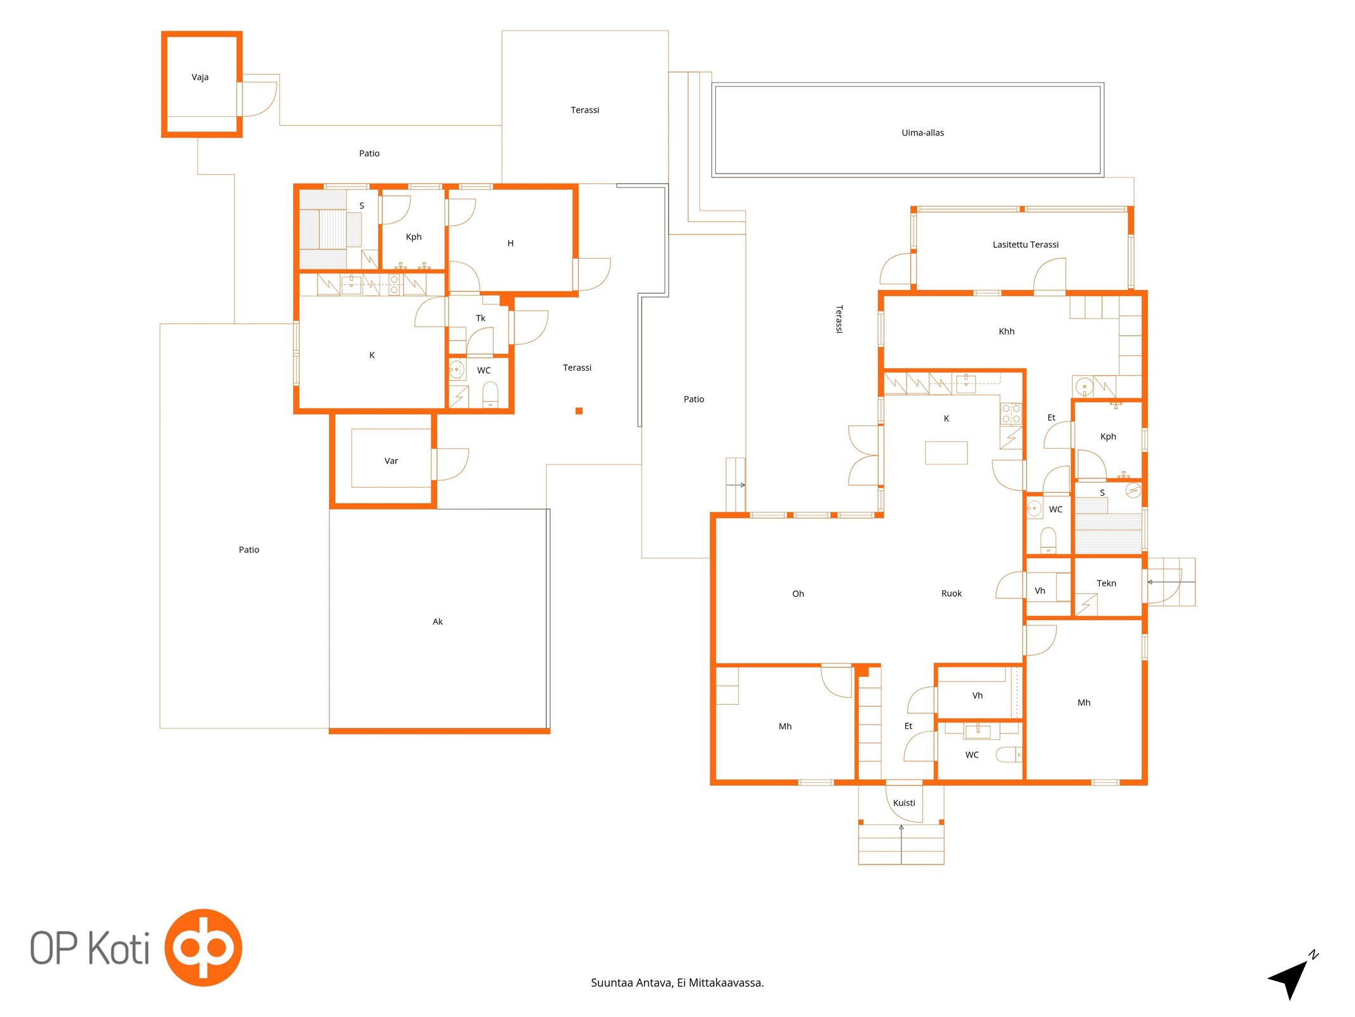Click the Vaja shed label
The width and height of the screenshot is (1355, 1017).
click(x=199, y=77)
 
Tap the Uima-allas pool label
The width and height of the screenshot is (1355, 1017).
click(x=922, y=133)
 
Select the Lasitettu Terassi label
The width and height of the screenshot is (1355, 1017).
click(x=1025, y=245)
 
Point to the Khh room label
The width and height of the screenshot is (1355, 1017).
click(x=1006, y=331)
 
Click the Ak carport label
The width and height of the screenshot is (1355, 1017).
click(x=437, y=622)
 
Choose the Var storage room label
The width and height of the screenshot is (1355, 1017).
click(x=391, y=461)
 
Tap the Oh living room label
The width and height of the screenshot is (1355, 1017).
click(x=797, y=594)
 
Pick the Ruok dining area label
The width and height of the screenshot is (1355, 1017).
click(x=950, y=594)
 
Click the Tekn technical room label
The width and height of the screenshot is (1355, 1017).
click(x=1105, y=584)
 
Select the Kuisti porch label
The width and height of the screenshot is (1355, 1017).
click(x=903, y=803)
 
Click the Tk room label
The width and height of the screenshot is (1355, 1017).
click(x=480, y=318)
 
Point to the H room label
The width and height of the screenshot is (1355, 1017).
click(x=510, y=243)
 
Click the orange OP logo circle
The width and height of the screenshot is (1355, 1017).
click(x=203, y=947)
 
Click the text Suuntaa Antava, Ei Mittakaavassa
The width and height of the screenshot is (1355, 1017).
click(x=677, y=983)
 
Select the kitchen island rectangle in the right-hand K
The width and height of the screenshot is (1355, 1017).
click(x=945, y=453)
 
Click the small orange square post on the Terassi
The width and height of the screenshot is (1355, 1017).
click(x=578, y=411)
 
